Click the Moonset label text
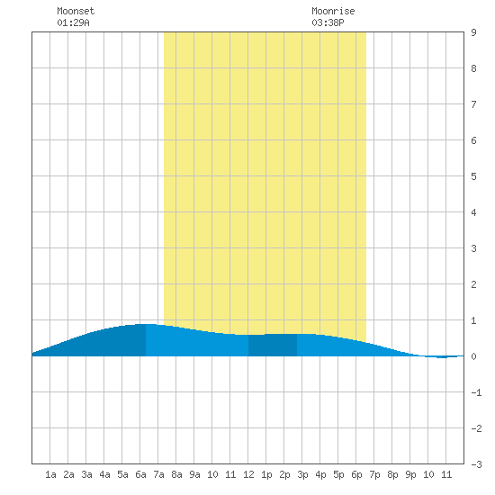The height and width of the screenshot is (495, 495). [76, 11]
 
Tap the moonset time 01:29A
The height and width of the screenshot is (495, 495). [73, 22]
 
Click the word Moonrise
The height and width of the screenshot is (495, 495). [333, 11]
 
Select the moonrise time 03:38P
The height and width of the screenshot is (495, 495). [328, 22]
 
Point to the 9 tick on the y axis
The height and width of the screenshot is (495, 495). [473, 32]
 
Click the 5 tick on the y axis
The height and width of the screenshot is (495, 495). [473, 176]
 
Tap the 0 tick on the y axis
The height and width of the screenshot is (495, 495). [473, 356]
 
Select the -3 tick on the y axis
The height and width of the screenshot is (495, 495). [476, 464]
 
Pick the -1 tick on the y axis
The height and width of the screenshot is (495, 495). [476, 392]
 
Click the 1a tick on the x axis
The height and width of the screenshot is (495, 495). [50, 474]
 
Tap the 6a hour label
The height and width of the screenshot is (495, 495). [140, 474]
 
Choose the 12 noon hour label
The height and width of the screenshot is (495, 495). [248, 474]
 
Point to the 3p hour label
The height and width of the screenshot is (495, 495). [302, 474]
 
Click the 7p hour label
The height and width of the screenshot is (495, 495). [374, 474]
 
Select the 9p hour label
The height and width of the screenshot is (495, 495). [410, 474]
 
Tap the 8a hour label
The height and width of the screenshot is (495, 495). [176, 474]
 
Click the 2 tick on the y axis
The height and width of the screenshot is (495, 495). [473, 284]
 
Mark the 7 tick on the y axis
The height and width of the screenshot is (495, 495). [473, 104]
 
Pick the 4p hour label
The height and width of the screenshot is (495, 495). [320, 474]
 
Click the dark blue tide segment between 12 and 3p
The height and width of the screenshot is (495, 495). [273, 345]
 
